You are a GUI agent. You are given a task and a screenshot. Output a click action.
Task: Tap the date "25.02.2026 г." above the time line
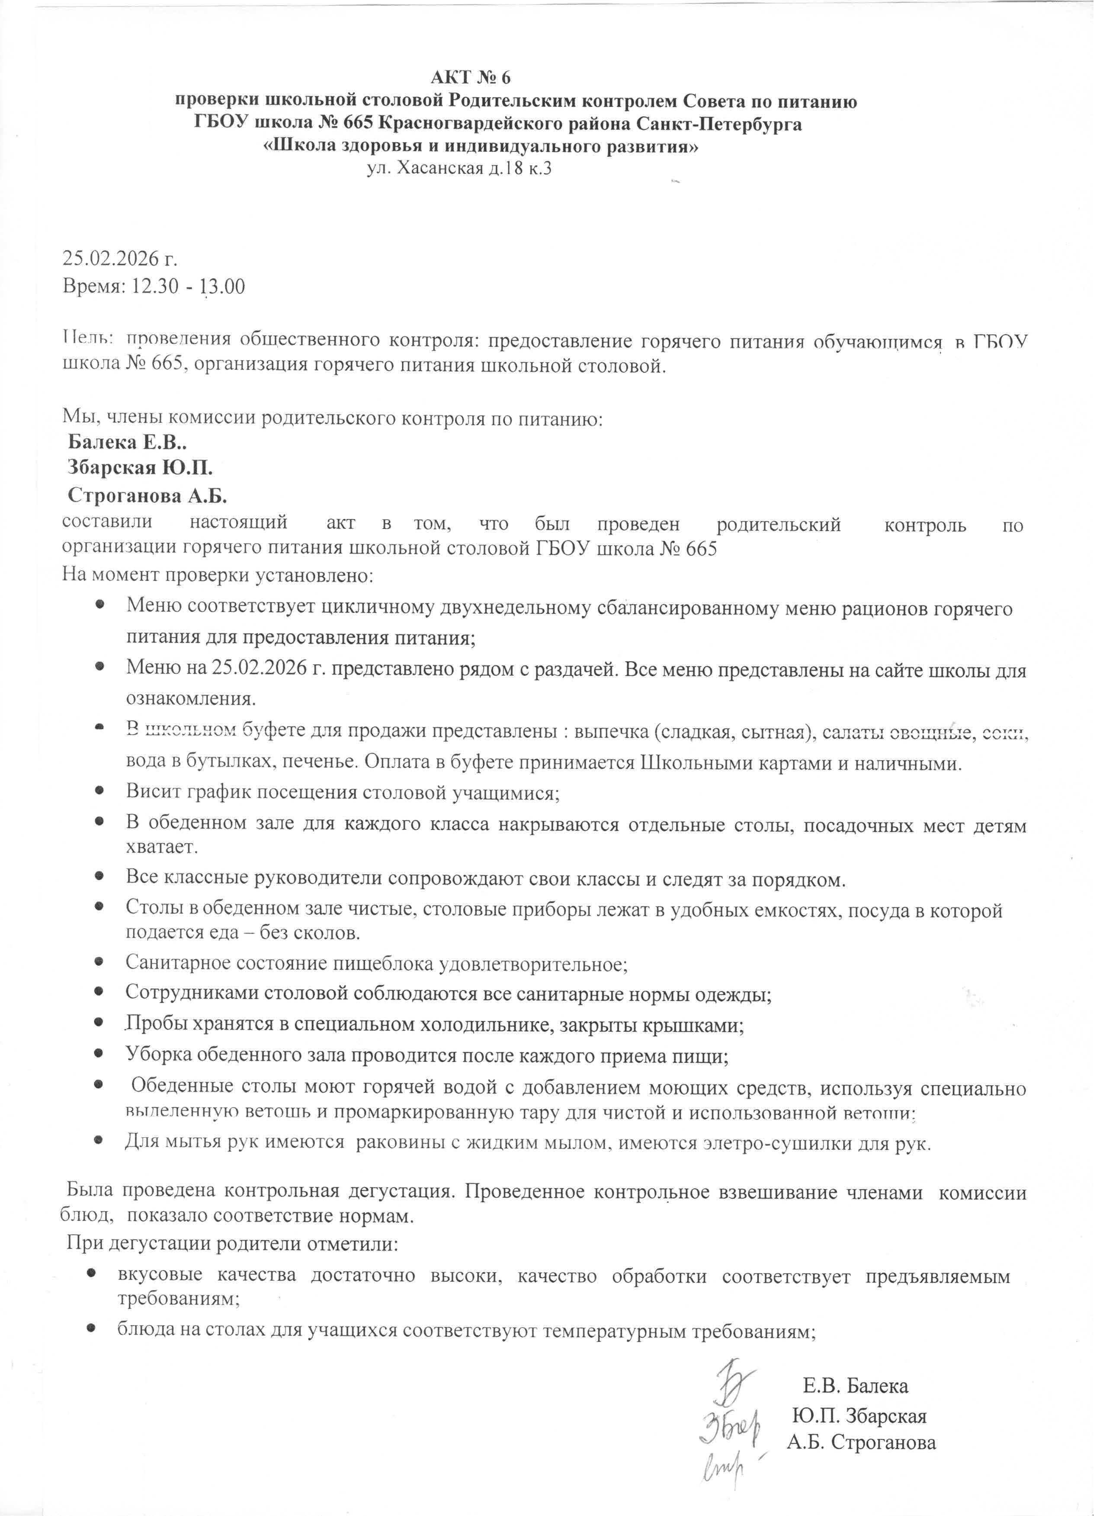tap(120, 259)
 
